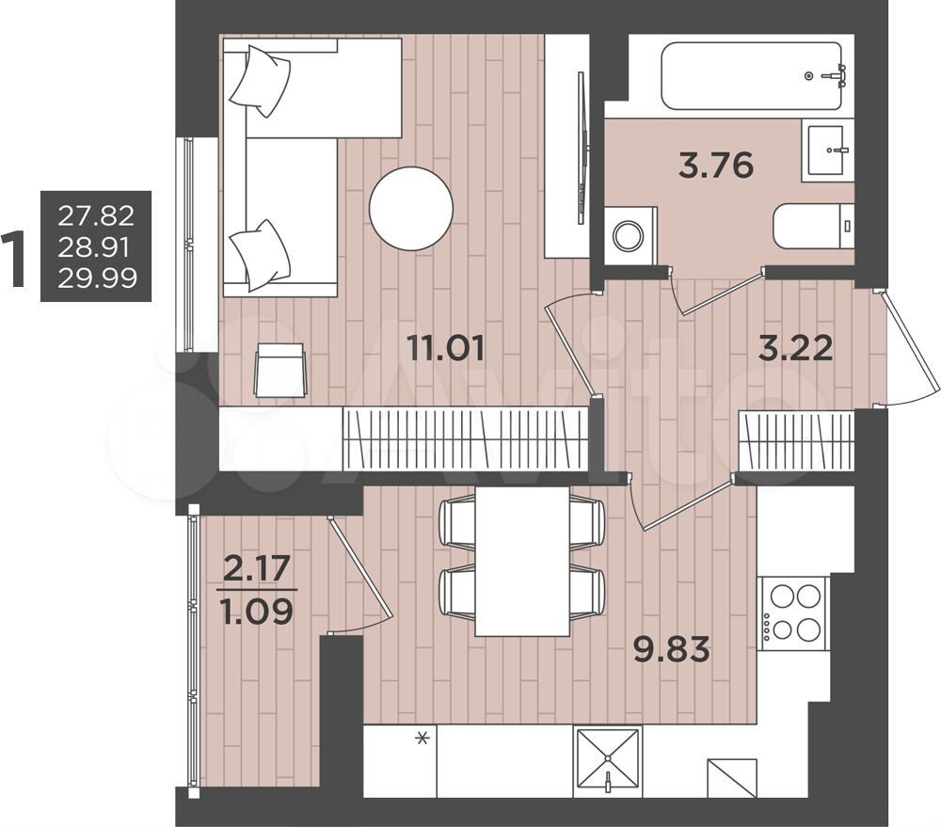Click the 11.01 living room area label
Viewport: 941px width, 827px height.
tap(446, 347)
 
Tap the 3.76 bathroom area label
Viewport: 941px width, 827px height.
tap(716, 165)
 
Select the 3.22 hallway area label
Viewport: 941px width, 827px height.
tap(796, 347)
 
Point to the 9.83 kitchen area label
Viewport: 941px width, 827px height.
tap(672, 649)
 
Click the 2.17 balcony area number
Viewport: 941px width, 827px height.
tap(257, 568)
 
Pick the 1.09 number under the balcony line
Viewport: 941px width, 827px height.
tap(257, 612)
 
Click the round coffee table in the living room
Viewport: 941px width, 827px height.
tap(411, 209)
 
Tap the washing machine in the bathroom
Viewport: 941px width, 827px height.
tap(630, 235)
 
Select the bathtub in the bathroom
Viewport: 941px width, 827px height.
tap(751, 75)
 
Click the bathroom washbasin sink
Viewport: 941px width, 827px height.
tap(830, 151)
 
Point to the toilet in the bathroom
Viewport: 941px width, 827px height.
tap(814, 226)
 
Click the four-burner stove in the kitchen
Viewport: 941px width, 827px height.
tap(792, 613)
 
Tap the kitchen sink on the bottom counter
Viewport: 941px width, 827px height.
tap(607, 762)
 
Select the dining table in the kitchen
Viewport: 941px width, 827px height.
tap(522, 561)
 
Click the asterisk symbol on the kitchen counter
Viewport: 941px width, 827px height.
tap(423, 739)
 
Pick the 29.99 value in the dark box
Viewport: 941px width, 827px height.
tap(97, 278)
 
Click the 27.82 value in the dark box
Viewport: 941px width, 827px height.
tap(96, 215)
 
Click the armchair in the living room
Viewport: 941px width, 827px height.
tap(280, 369)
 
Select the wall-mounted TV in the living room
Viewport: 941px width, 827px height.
tap(581, 148)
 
